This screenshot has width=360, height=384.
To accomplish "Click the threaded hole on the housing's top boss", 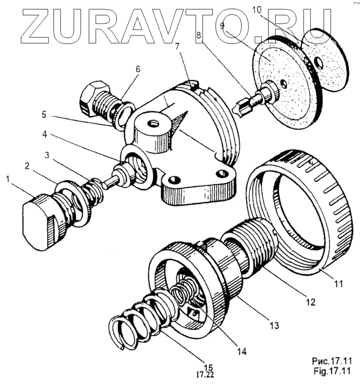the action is (152, 124).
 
